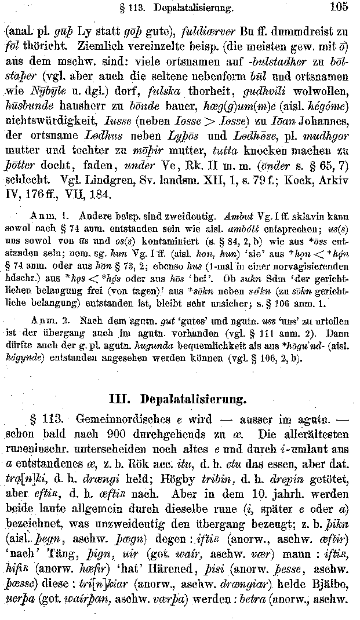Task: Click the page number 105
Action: pos(337,8)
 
